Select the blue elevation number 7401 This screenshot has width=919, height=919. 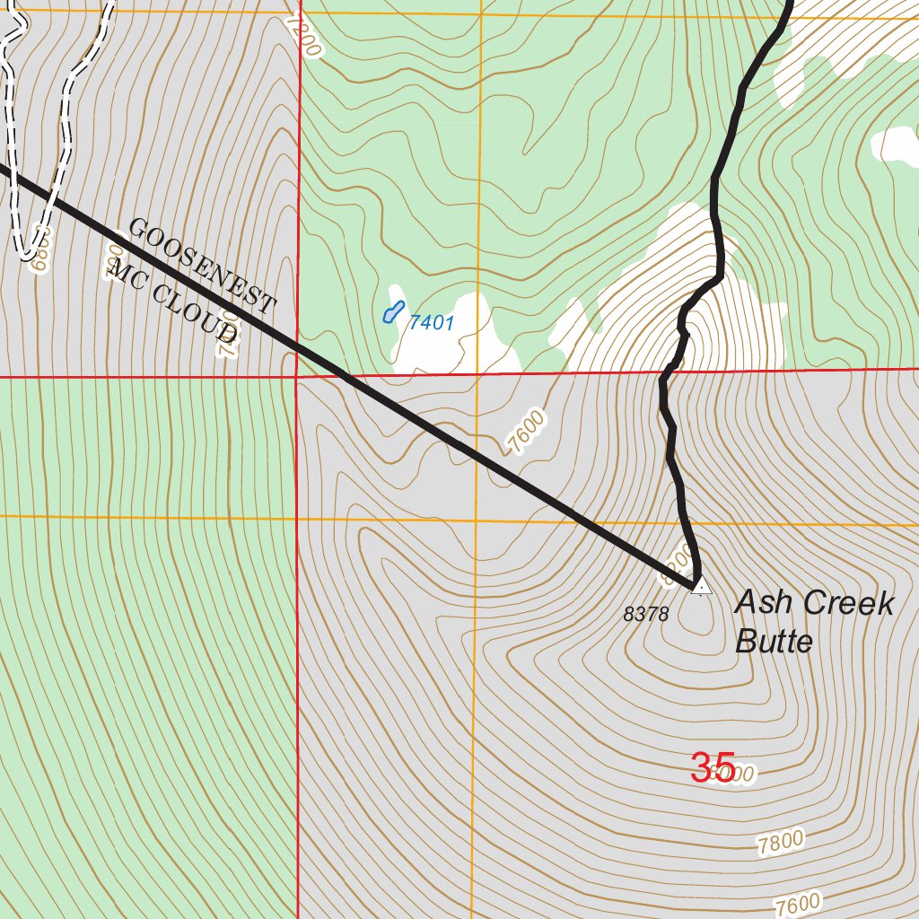tap(432, 323)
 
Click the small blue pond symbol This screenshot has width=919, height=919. tap(391, 312)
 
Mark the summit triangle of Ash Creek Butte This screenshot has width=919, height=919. tap(701, 586)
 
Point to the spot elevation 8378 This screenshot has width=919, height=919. tap(646, 615)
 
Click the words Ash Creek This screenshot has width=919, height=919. tap(814, 603)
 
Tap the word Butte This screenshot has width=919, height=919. tap(774, 642)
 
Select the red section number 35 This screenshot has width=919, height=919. tap(713, 767)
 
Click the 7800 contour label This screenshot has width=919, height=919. tap(780, 843)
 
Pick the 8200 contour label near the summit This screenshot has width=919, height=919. tap(677, 565)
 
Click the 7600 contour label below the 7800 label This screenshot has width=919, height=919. tap(798, 903)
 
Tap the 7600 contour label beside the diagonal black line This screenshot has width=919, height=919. tap(526, 431)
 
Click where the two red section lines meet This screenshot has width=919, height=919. tap(296, 377)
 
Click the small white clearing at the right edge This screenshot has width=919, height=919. tap(896, 144)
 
